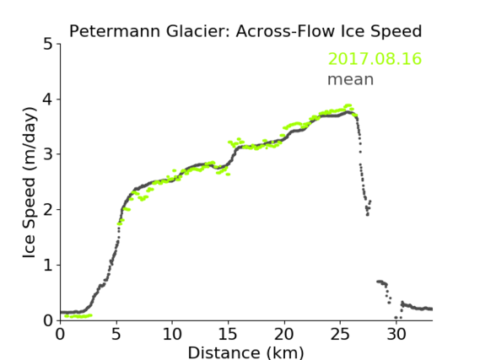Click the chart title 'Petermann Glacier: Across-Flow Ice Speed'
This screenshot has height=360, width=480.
pyautogui.click(x=245, y=31)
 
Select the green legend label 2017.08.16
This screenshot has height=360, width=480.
pyautogui.click(x=375, y=59)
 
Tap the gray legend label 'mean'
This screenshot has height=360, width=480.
pyautogui.click(x=351, y=80)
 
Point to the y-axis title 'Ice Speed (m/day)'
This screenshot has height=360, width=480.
pyautogui.click(x=30, y=183)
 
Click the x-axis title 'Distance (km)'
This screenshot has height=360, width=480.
pyautogui.click(x=245, y=352)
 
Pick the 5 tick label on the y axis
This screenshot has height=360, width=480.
pyautogui.click(x=48, y=44)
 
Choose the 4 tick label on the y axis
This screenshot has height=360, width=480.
pyautogui.click(x=48, y=99)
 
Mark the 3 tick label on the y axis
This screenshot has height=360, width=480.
pyautogui.click(x=48, y=154)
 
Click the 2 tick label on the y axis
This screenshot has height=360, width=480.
pyautogui.click(x=48, y=210)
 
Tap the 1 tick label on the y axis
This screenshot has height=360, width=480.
pyautogui.click(x=48, y=266)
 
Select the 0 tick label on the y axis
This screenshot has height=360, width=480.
pyautogui.click(x=48, y=320)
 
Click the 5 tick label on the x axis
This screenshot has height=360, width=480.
pyautogui.click(x=116, y=334)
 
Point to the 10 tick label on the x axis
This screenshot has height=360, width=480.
pyautogui.click(x=172, y=334)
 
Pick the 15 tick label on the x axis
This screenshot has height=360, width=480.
pyautogui.click(x=228, y=334)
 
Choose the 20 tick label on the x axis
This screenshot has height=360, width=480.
pyautogui.click(x=284, y=334)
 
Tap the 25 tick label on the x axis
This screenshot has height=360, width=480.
pyautogui.click(x=340, y=334)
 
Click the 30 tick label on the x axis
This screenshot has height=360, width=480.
pyautogui.click(x=396, y=334)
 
